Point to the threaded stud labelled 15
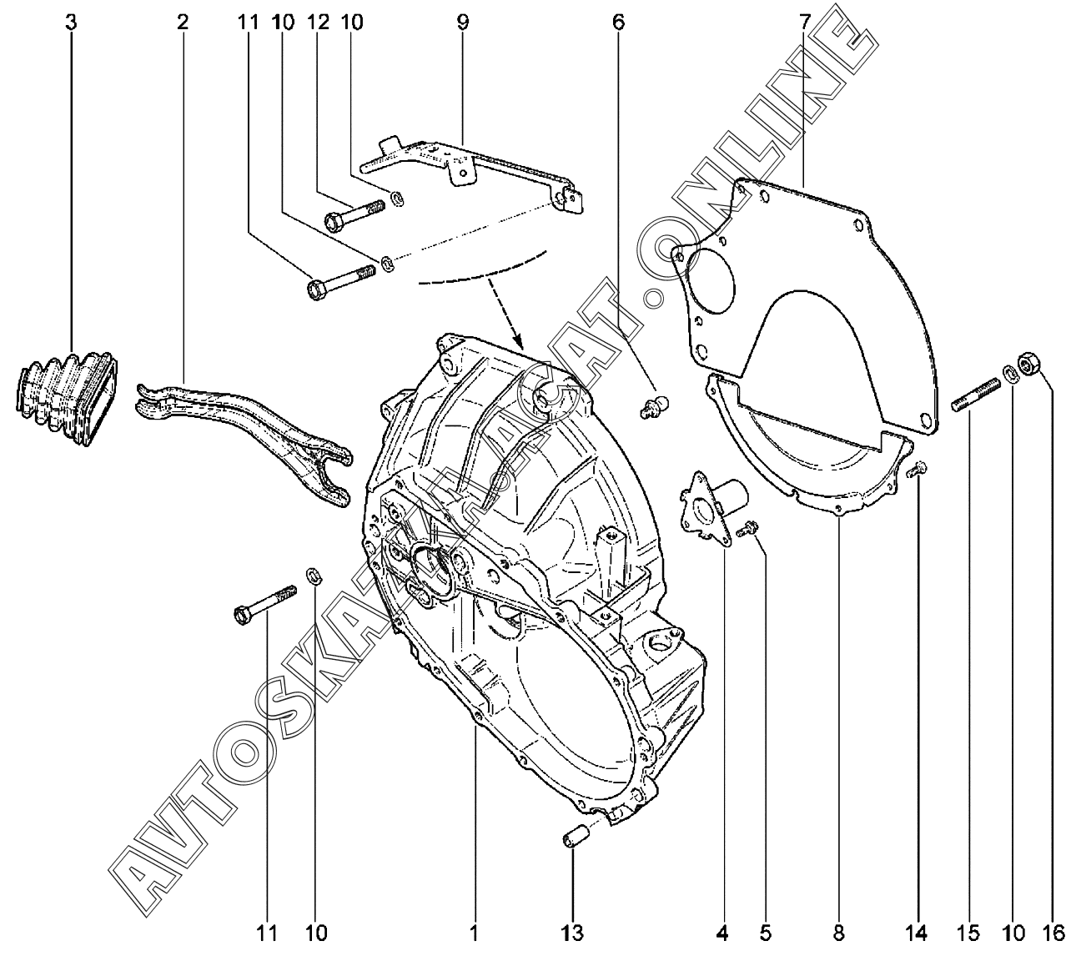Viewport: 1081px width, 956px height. click(975, 393)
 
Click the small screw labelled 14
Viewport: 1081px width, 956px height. click(918, 470)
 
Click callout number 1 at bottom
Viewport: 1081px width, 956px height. click(475, 931)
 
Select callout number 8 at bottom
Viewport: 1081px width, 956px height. click(838, 931)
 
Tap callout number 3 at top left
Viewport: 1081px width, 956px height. click(71, 23)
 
